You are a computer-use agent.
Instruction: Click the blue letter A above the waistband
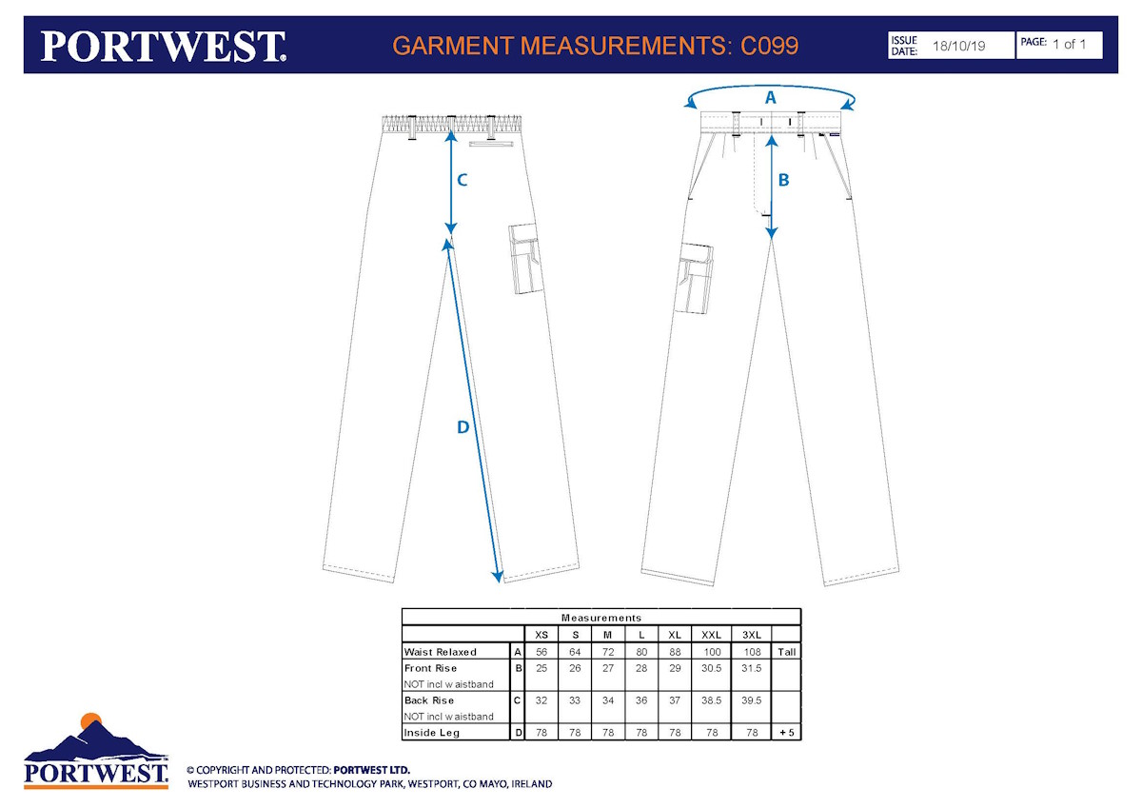770,97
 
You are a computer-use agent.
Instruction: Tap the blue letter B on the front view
783,180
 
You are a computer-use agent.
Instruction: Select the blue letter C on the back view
462,180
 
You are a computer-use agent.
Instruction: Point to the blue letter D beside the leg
463,426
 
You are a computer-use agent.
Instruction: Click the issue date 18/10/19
958,46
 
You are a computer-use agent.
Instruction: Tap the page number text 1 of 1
1069,45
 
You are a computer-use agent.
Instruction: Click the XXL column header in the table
711,635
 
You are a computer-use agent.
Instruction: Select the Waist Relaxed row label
440,652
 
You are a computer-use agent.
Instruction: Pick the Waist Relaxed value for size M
608,652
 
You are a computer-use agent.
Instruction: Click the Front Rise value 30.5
711,668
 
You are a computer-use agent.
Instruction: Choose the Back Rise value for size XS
541,700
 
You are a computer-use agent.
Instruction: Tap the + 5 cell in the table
787,733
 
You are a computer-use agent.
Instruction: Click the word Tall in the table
787,652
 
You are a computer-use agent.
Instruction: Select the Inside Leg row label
432,733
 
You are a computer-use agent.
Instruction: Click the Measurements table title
601,618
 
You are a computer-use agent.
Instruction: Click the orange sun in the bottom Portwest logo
91,720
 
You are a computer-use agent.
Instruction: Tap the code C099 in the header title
769,46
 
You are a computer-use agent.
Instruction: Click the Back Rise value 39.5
752,700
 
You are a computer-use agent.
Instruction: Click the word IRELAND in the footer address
532,784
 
